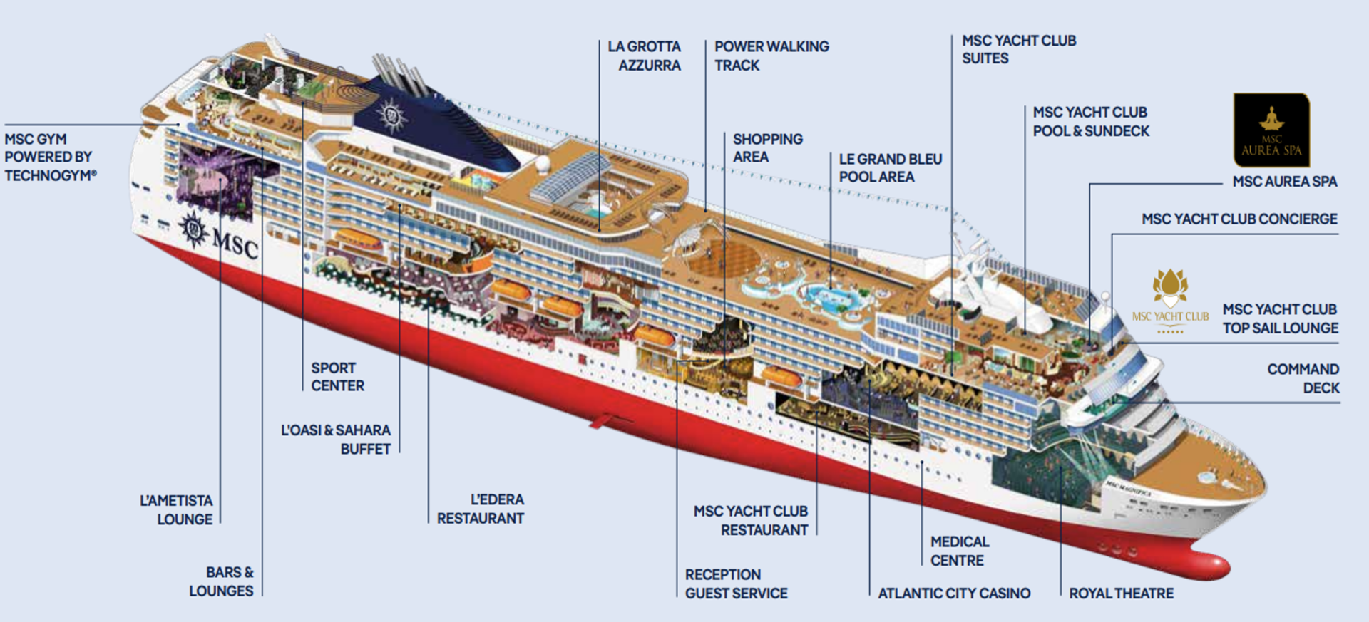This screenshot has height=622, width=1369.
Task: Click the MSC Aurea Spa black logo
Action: click(1271, 130)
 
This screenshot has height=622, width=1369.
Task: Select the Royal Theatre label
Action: click(1121, 594)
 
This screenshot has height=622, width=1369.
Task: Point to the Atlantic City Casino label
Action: click(954, 594)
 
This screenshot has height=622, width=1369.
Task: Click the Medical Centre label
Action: click(959, 551)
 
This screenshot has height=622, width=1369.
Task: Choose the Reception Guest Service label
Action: click(736, 584)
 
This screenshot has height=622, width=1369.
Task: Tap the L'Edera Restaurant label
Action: click(481, 509)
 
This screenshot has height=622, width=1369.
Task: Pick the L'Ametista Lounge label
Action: click(176, 510)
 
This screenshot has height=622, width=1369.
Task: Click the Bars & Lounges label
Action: click(222, 581)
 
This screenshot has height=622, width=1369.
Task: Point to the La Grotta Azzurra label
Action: click(645, 56)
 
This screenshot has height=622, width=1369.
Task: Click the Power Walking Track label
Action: click(771, 56)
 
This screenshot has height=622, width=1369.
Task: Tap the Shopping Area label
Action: click(767, 147)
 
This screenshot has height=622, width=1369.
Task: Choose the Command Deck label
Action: click(1303, 378)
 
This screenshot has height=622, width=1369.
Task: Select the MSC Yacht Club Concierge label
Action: click(1239, 219)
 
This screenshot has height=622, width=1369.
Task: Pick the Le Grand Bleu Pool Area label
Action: click(890, 168)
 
